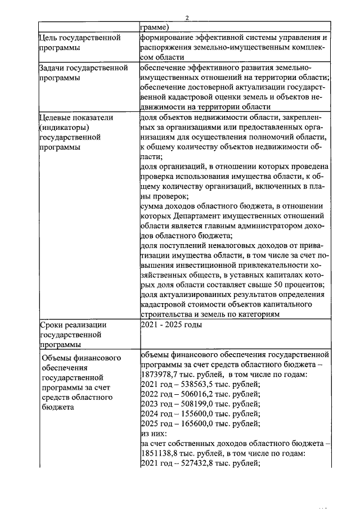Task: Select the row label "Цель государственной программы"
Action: click(x=79, y=43)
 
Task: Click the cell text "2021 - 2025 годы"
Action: click(x=169, y=325)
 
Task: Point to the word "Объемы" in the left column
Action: click(x=59, y=357)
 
